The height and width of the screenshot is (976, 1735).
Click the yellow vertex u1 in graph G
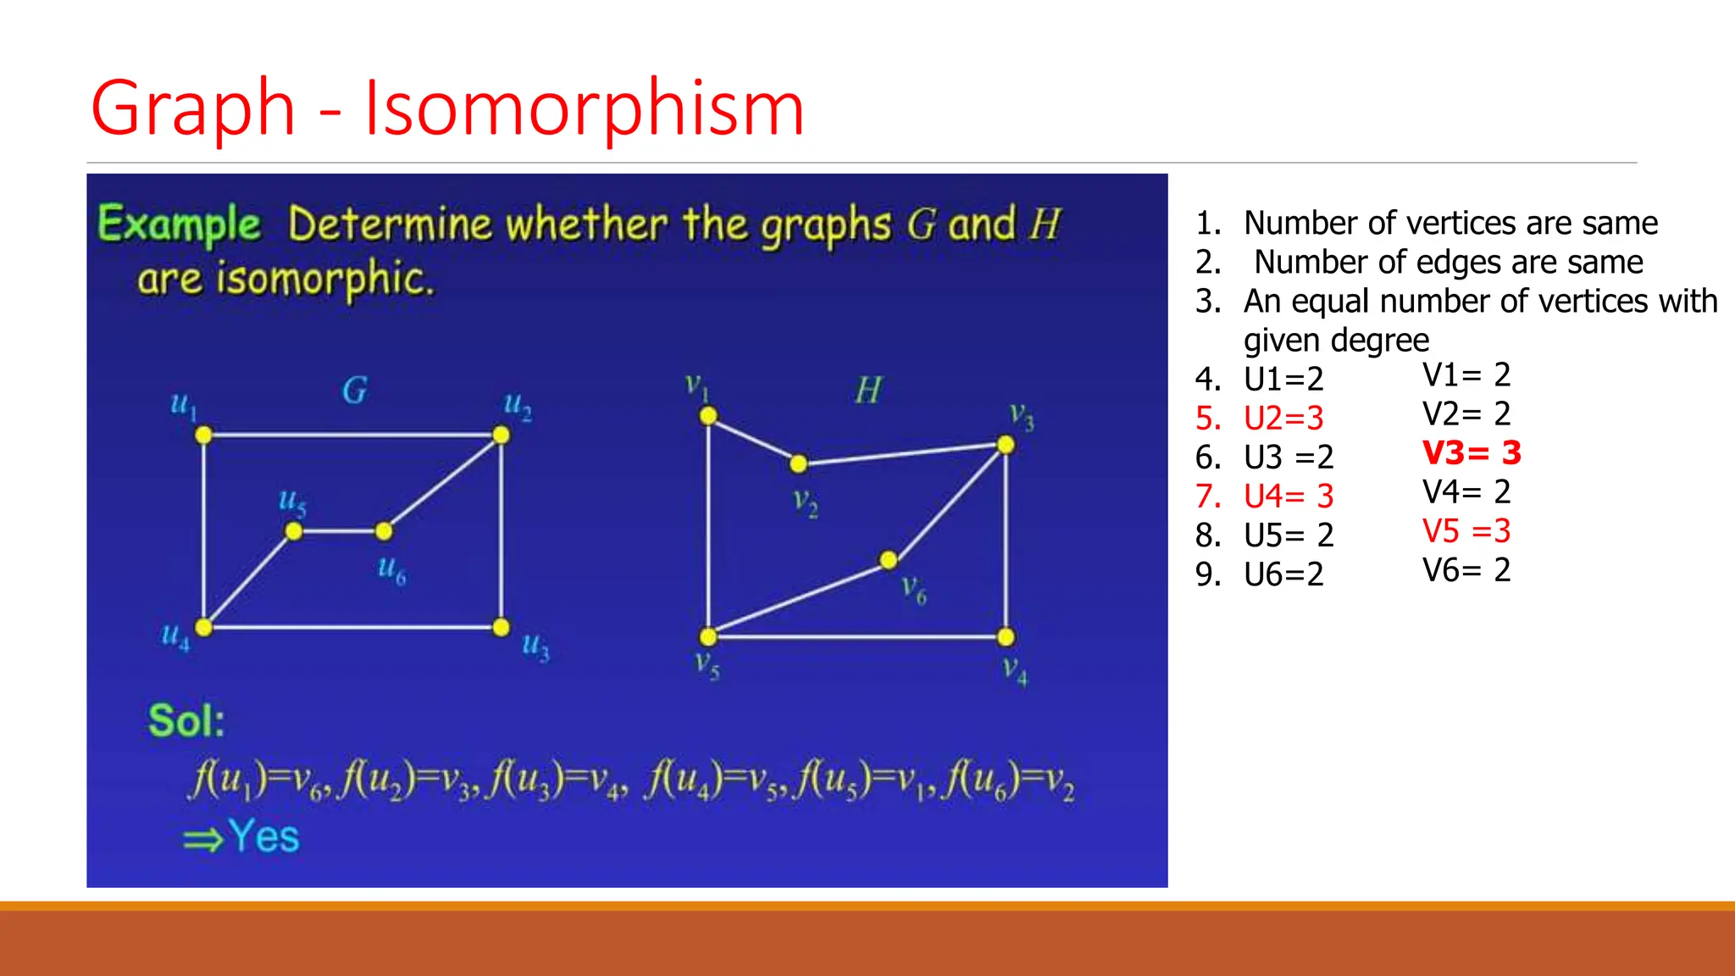point(203,435)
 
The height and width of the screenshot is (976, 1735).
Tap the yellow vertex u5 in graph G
point(293,531)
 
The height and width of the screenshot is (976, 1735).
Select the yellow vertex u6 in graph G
point(384,531)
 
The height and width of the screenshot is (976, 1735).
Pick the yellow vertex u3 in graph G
point(502,627)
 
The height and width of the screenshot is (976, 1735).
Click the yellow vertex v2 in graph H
point(798,463)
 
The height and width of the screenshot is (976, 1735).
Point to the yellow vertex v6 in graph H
point(889,560)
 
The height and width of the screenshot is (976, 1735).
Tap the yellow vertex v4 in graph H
point(1006,637)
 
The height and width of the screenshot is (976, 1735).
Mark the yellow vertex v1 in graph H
point(708,415)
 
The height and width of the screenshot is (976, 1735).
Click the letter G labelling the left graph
point(355,391)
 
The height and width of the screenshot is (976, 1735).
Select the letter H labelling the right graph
point(868,391)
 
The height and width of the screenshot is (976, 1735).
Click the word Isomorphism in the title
point(584,108)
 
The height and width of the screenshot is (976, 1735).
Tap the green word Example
point(180,225)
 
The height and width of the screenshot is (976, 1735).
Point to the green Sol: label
point(186,721)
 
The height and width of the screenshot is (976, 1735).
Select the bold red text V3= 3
point(1472,452)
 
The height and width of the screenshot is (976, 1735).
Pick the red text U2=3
point(1283,418)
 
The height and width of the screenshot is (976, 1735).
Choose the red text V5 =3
point(1466,531)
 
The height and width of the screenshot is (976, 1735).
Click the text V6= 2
point(1466,570)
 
